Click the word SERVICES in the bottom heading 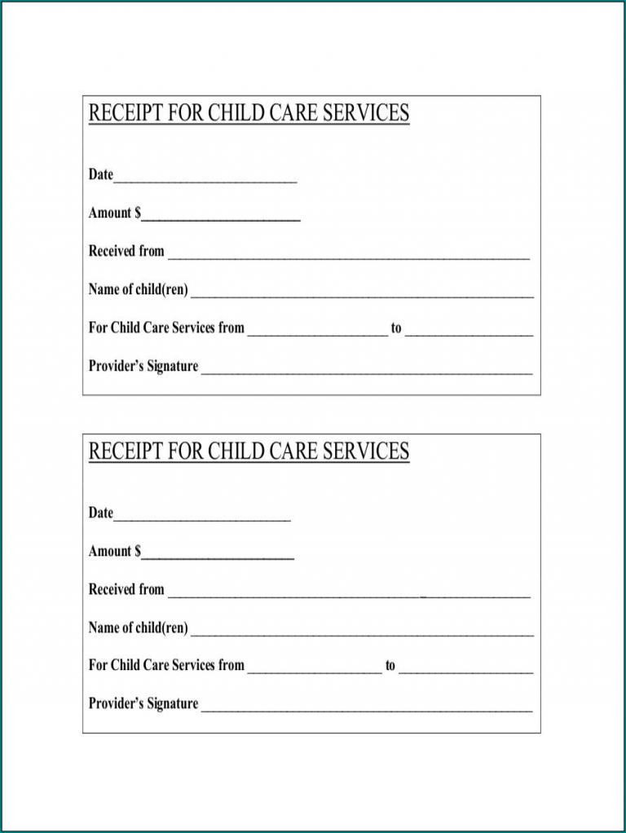pos(366,452)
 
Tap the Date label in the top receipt pos(101,174)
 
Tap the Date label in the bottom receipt pos(101,513)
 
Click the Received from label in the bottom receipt pos(126,589)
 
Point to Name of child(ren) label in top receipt pos(139,289)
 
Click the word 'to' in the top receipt pos(396,328)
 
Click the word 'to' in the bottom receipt pos(390,666)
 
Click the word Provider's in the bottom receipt pos(116,703)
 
